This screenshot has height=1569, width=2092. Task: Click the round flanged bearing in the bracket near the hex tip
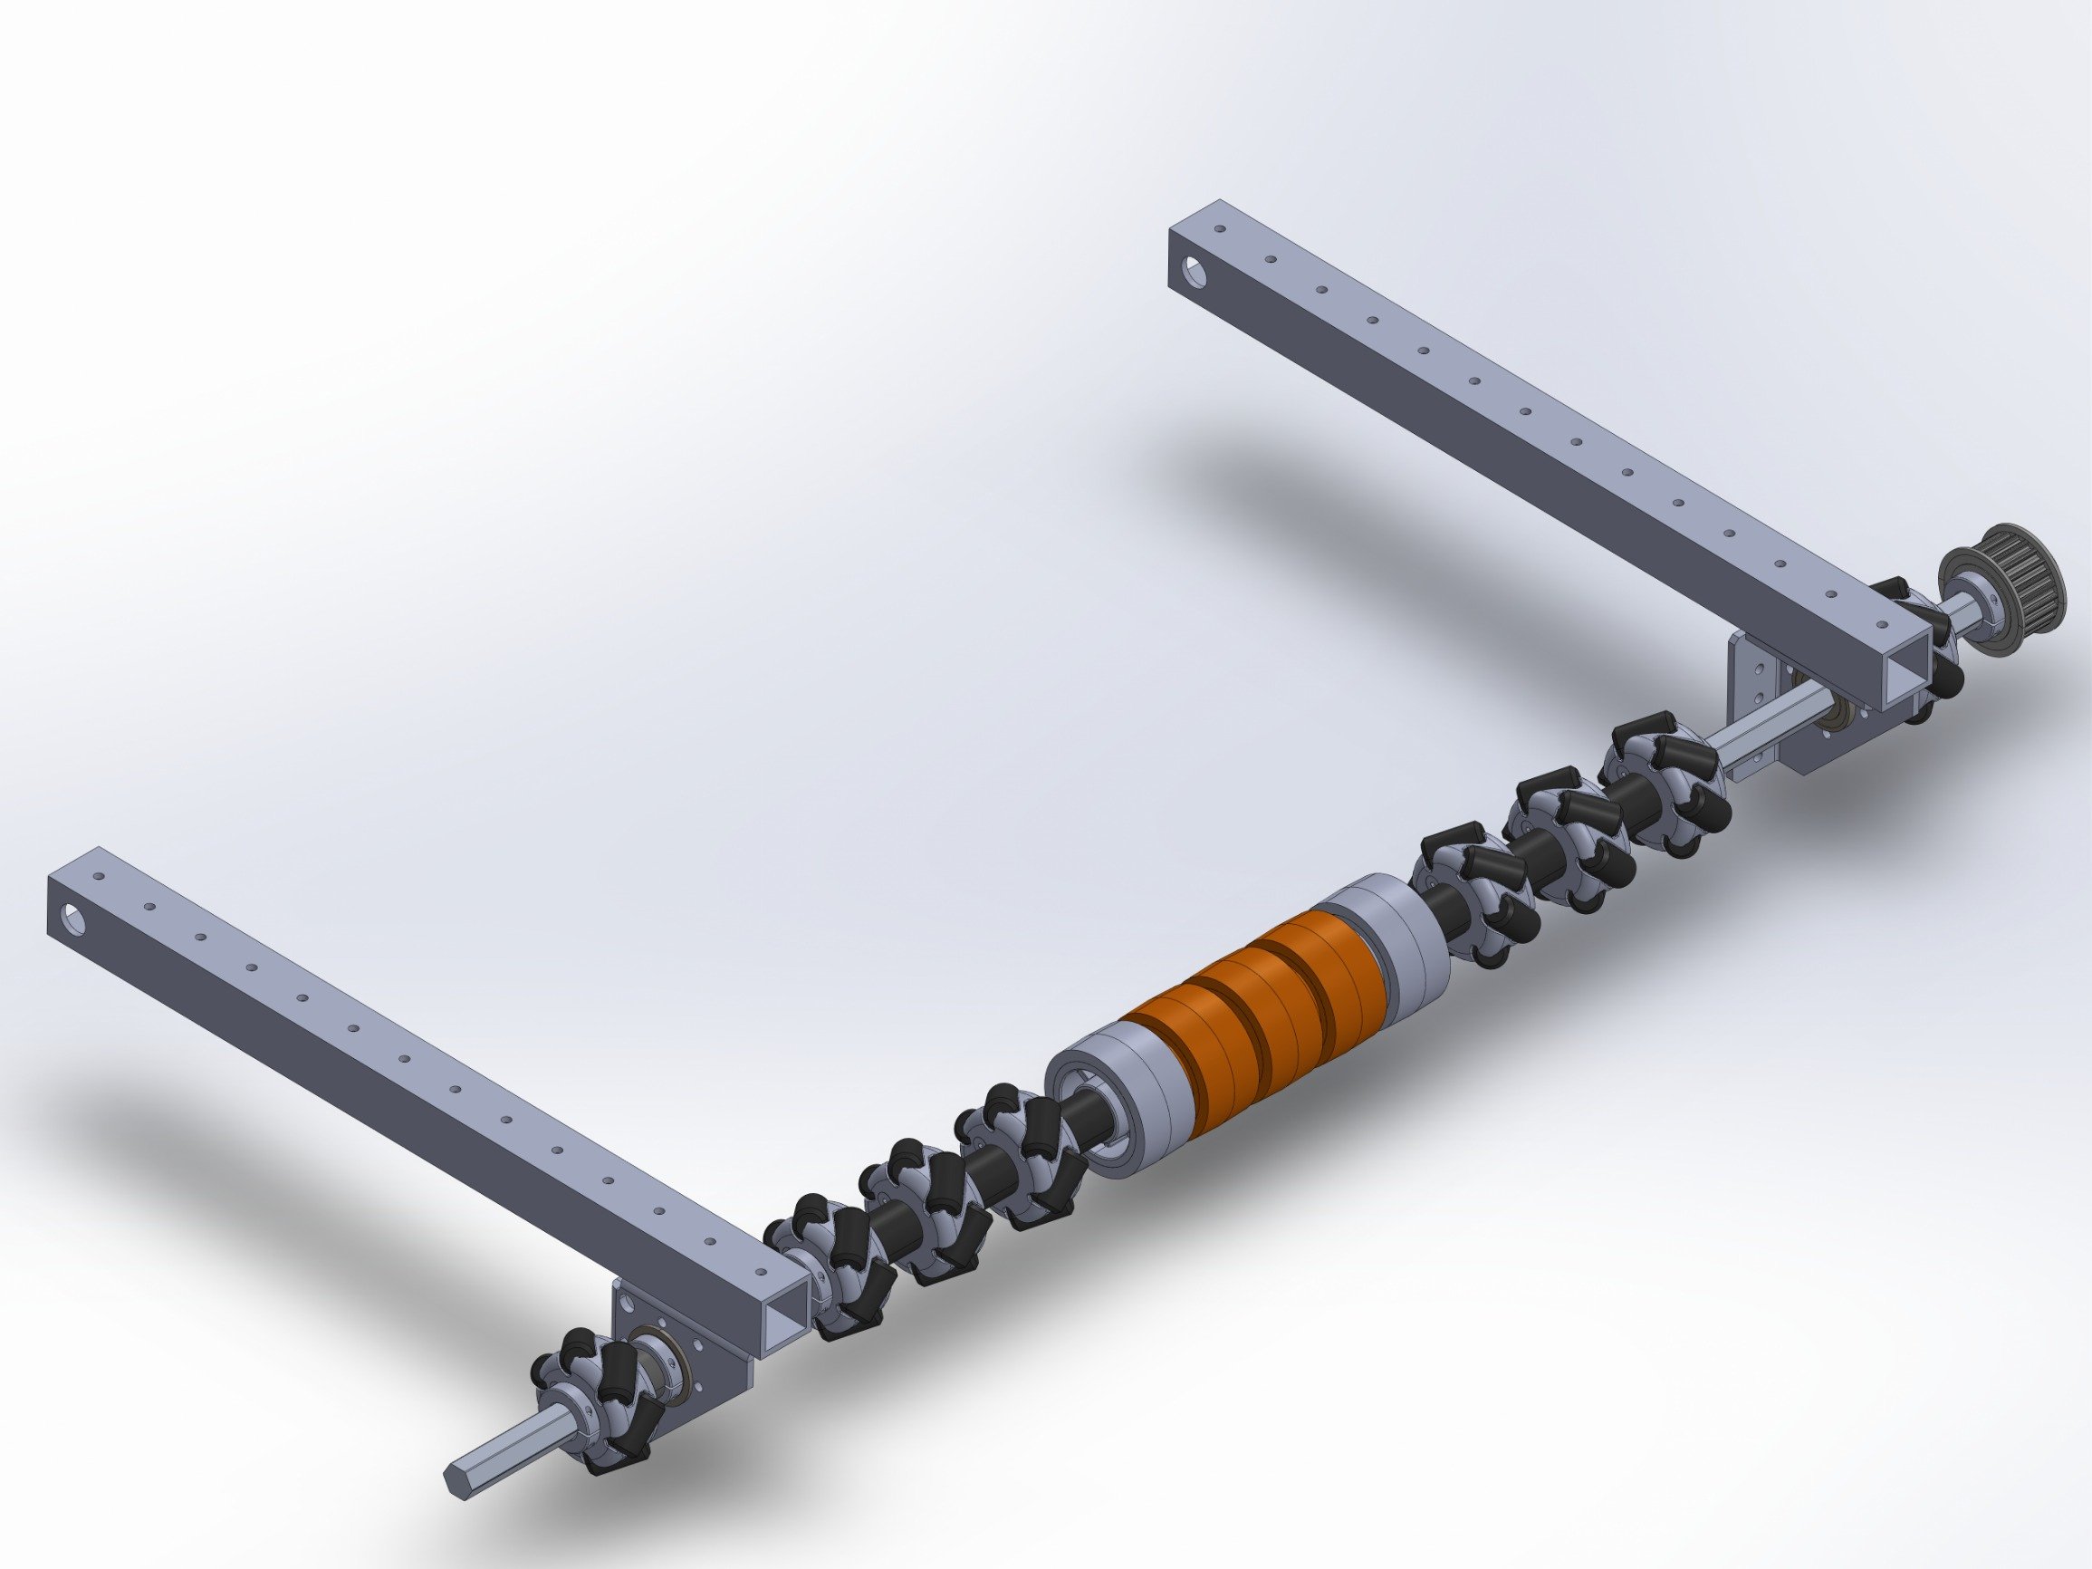(653, 1362)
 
